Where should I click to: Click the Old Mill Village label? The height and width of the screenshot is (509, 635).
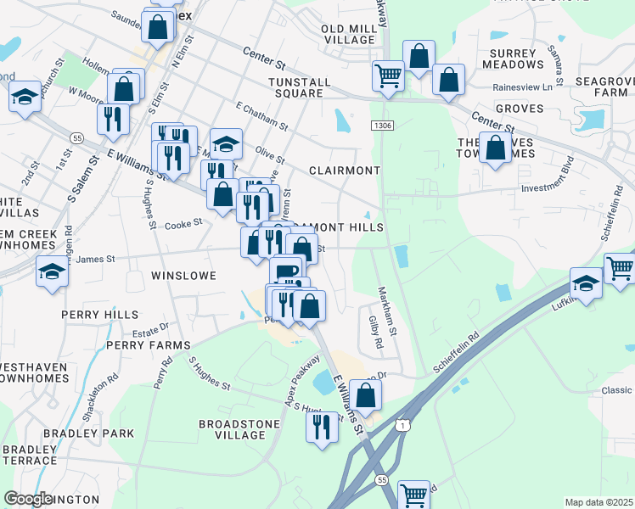tap(347, 34)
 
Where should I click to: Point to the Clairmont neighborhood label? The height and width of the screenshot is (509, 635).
tap(344, 170)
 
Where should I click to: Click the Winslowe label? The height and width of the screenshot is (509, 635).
tap(183, 276)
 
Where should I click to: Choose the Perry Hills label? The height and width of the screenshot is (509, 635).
tap(99, 314)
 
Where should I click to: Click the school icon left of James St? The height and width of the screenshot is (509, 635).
tap(52, 272)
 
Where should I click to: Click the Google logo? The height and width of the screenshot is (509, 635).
tap(28, 499)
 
